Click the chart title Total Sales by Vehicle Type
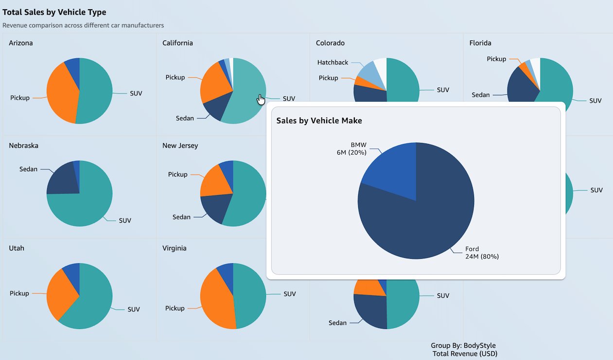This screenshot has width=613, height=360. pos(54,12)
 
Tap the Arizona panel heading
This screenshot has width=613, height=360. pos(21,43)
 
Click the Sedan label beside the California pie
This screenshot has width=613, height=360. pos(185,118)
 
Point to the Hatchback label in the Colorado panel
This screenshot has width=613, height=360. pos(333,62)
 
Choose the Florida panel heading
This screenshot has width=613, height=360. pos(480,43)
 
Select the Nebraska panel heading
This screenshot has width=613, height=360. pos(23,145)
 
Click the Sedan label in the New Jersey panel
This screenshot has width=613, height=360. pos(181,217)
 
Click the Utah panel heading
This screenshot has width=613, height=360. pos(17,248)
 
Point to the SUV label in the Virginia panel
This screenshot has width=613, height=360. pos(289,294)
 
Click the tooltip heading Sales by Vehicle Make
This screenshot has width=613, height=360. pos(319,121)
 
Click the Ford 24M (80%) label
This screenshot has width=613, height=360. pos(481,253)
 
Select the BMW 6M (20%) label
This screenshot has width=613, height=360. pos(351,148)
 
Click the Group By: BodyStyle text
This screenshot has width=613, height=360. pos(463,346)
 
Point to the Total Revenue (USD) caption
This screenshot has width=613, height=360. pos(465,354)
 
